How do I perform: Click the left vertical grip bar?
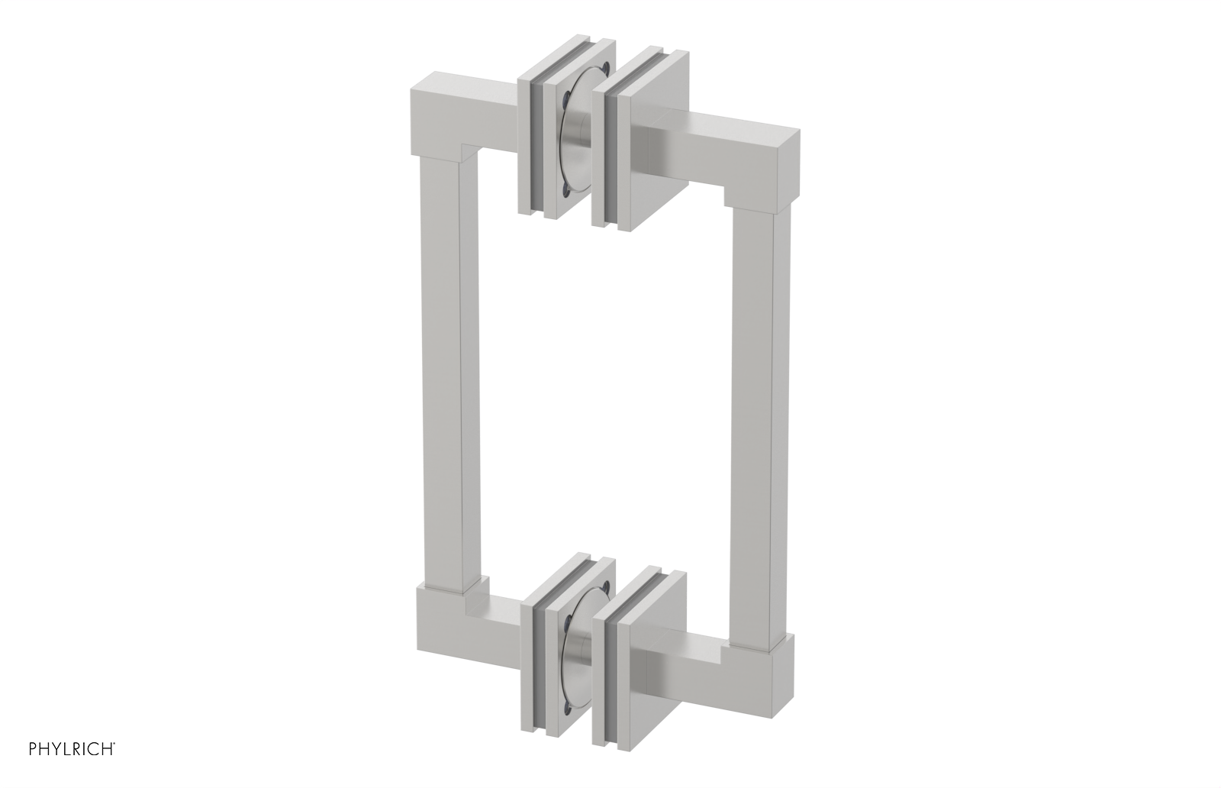click(441, 382)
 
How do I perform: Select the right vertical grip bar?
click(759, 397)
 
